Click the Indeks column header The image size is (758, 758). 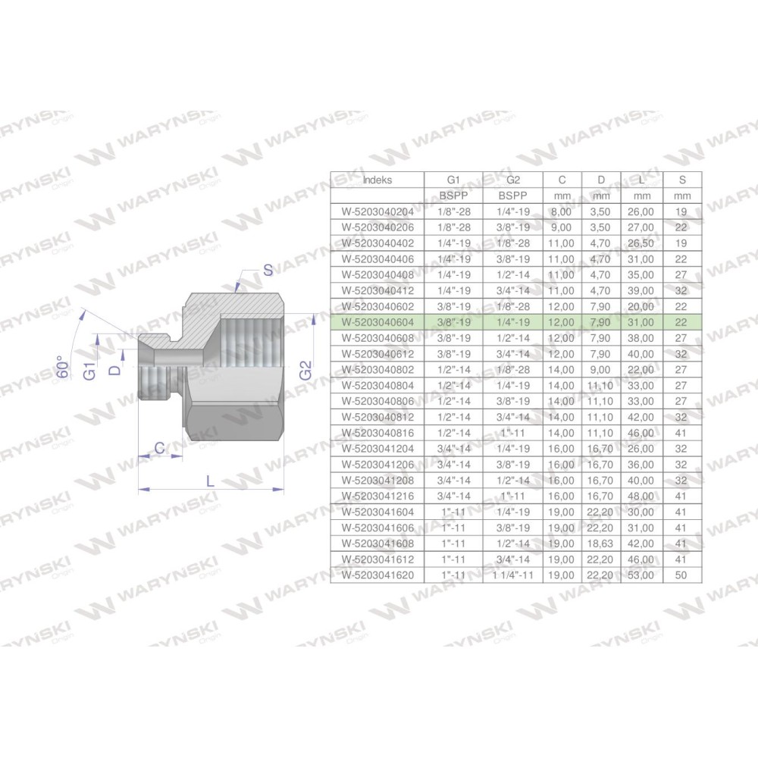377,180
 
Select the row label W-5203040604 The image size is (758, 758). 377,322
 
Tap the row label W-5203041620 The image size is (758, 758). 377,575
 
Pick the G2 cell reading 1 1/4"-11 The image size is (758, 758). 513,575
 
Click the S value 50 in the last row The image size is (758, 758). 681,575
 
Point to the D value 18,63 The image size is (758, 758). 600,543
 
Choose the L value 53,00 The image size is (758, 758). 641,575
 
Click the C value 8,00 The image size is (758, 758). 561,211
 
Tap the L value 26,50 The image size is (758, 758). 641,243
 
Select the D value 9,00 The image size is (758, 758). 600,370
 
